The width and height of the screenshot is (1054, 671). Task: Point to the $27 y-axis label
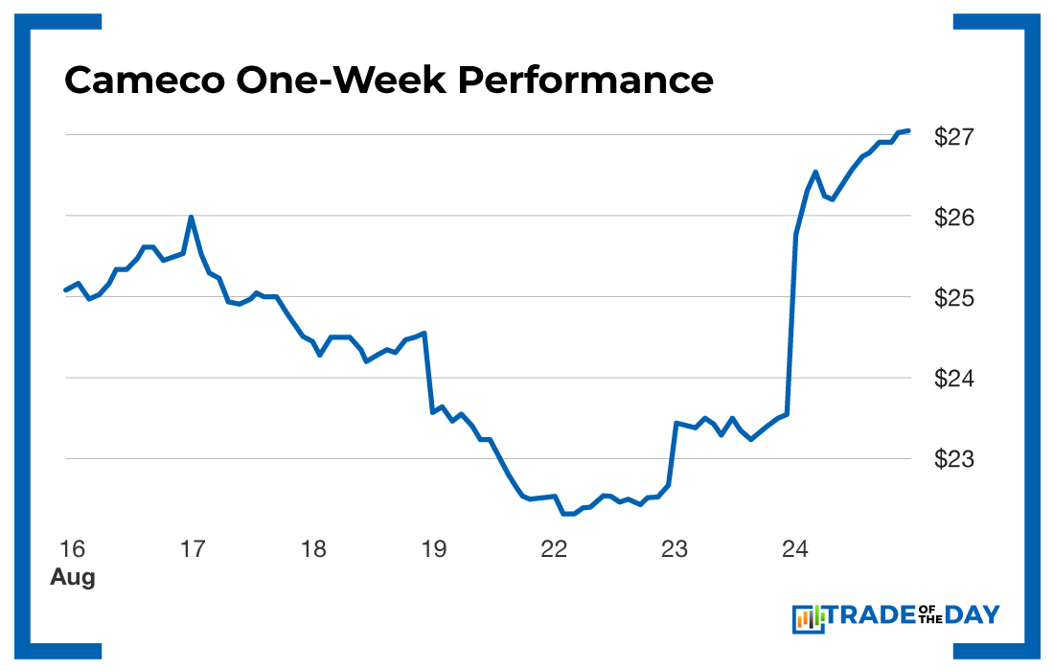(954, 136)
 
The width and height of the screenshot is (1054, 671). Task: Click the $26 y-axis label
(954, 218)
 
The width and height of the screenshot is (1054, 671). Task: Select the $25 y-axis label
(954, 298)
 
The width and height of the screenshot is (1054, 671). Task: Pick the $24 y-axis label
(954, 379)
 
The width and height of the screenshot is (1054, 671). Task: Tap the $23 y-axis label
(954, 459)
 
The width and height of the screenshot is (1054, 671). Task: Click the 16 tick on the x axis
(72, 549)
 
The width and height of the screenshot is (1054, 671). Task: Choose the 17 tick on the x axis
(193, 549)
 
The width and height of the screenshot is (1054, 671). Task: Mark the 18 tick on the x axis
(313, 549)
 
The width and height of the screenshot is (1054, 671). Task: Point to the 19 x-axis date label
(434, 549)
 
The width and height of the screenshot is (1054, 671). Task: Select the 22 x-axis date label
(555, 549)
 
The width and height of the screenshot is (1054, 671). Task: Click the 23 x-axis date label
(676, 549)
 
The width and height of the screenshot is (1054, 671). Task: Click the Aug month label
(73, 578)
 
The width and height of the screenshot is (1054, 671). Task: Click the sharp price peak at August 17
(192, 218)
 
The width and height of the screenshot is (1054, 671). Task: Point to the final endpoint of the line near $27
(907, 130)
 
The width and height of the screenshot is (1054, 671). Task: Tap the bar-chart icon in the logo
(809, 618)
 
